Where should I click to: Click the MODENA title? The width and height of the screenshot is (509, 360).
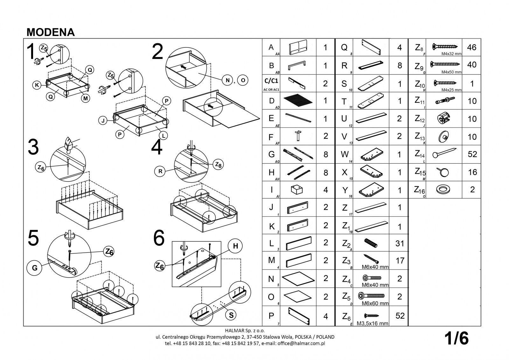[x=51, y=32]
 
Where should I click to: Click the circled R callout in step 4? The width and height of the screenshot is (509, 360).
[x=160, y=172]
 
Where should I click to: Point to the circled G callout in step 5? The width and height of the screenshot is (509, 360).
[x=35, y=268]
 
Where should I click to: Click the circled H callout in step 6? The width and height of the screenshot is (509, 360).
[x=235, y=246]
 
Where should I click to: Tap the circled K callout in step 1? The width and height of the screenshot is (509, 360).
[x=37, y=85]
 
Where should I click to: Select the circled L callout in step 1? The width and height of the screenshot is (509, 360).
[x=164, y=136]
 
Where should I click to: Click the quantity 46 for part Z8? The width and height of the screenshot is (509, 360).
[x=472, y=47]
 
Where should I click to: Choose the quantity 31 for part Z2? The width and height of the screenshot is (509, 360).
[x=399, y=244]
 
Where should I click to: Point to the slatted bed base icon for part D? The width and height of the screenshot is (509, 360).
[x=298, y=101]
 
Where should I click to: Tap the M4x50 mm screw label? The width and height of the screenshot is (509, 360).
[x=451, y=72]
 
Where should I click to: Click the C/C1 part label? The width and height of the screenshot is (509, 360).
[x=271, y=81]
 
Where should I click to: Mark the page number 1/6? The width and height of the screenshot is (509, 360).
[x=457, y=339]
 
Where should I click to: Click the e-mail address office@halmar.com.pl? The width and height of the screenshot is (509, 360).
[x=301, y=343]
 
